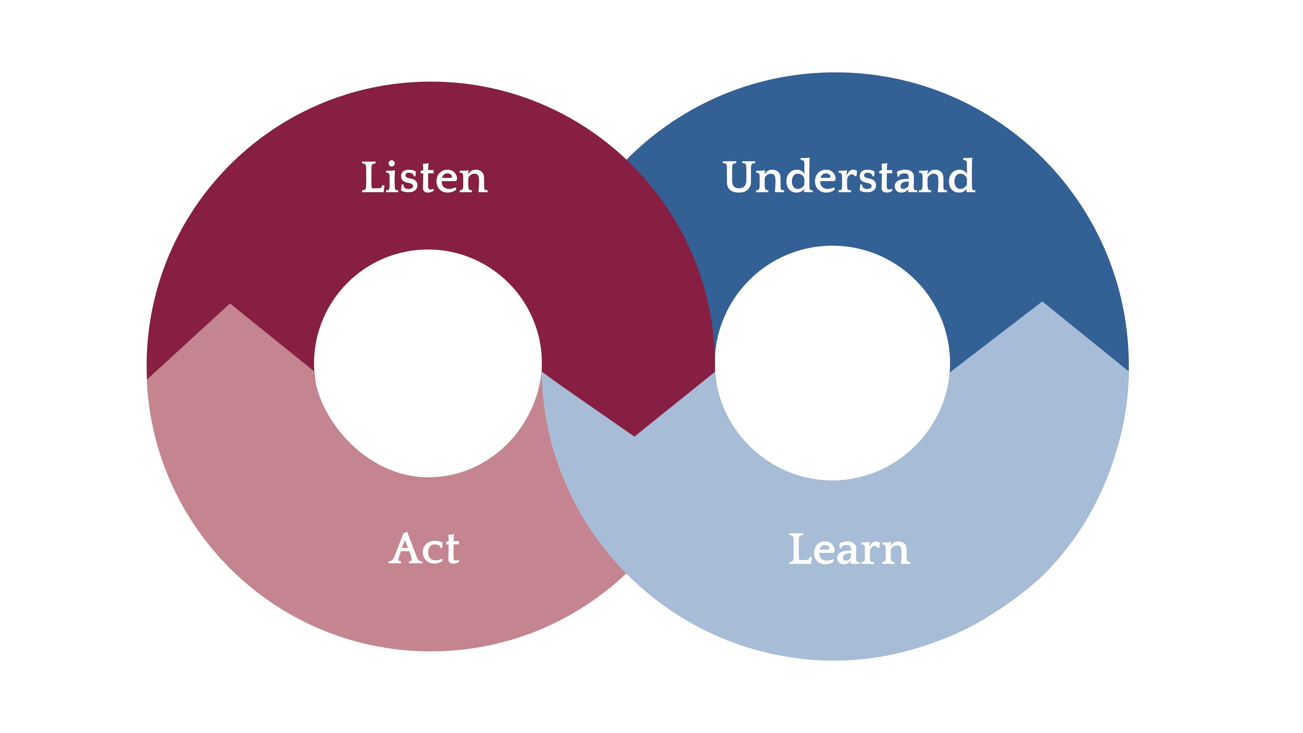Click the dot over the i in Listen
tap(392, 164)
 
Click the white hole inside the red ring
tap(428, 363)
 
